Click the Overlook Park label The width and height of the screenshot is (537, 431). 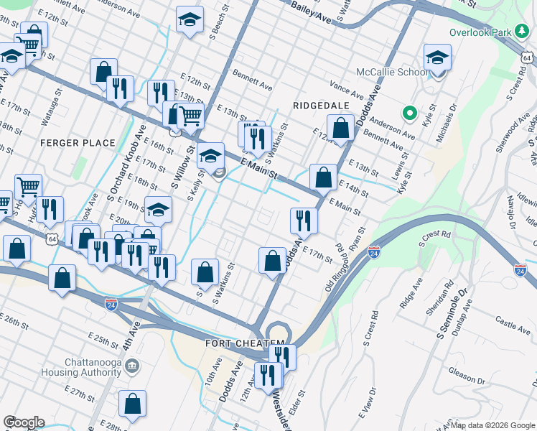479,32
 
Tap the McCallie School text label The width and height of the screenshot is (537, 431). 391,73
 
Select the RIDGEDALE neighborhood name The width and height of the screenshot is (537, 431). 321,105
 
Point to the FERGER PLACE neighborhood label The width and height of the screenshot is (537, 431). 78,143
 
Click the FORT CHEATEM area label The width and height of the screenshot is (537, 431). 246,343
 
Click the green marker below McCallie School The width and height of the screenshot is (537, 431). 410,112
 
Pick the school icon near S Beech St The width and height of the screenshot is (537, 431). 190,20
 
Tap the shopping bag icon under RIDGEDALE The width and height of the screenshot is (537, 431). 342,128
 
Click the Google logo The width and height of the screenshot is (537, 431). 24,422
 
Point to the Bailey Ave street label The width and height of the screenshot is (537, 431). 310,12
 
